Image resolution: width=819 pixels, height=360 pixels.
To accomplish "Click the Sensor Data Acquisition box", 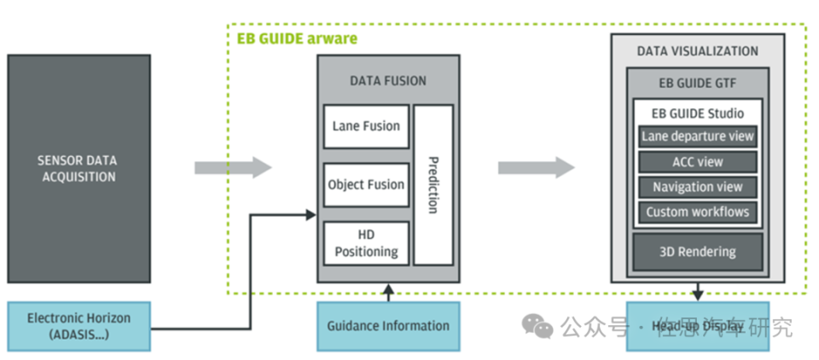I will [78, 168].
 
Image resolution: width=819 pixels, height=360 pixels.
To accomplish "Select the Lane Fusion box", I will [366, 126].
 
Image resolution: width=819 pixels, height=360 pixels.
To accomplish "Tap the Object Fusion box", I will [366, 184].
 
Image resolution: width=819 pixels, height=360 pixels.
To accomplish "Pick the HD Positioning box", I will [366, 242].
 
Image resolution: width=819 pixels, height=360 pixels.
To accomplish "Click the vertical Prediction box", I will [433, 184].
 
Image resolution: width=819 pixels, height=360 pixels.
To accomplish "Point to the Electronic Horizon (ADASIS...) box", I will [78, 326].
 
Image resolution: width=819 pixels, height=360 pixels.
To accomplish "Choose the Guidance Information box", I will [388, 326].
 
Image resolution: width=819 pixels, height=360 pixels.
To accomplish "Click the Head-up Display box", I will [697, 326].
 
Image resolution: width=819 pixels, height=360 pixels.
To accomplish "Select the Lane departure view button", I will [697, 136].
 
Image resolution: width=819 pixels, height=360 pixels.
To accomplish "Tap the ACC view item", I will [697, 162].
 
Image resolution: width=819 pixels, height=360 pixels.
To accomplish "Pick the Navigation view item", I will [697, 187].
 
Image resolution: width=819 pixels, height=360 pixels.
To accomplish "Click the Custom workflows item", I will [697, 212].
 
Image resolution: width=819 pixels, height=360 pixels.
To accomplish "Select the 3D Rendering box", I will [697, 252].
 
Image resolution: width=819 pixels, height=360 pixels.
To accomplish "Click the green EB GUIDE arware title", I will [296, 38].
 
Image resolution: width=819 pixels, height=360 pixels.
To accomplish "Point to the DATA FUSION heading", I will [388, 81].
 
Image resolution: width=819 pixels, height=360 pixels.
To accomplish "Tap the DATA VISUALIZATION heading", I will [697, 51].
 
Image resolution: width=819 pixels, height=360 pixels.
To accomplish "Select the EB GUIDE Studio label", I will [697, 113].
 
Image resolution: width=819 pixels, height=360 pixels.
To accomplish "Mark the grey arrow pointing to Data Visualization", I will [536, 167].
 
